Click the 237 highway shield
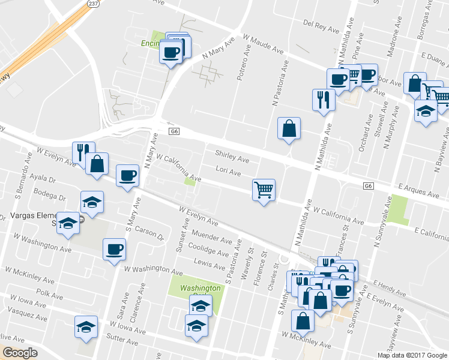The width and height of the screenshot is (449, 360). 92,4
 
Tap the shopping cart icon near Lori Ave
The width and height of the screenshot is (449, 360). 264,190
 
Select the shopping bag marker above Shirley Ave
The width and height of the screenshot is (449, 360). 289,128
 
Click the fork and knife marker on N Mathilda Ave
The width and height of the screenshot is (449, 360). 324,100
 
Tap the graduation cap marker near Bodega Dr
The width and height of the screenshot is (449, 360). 92,202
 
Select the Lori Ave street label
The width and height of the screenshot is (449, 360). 228,173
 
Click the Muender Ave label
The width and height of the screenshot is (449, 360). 212,236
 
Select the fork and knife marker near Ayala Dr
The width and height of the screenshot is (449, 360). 83,152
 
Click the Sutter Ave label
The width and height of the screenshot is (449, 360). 122,340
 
